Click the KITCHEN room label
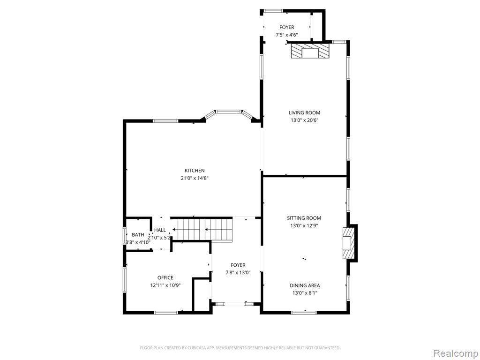coord(195,171)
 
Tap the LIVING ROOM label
coord(304,112)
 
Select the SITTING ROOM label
coord(304,218)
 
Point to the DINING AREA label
coord(305,285)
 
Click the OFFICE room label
coord(165,277)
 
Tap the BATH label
coord(138,235)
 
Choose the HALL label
coord(160,230)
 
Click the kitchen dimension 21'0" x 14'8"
coord(195,178)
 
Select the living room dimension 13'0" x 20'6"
coord(304,120)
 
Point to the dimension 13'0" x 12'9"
coord(304,225)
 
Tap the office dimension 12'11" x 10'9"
coord(165,285)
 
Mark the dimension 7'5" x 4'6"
coord(286,35)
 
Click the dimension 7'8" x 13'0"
coord(238,272)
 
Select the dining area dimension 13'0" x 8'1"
coord(305,293)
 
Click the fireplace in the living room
coord(310,51)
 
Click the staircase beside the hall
coord(202,229)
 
